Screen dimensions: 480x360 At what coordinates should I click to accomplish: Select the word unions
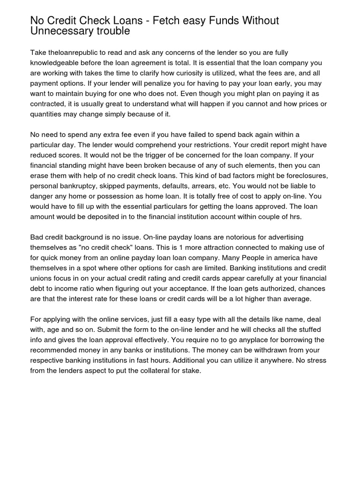tap(41, 279)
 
